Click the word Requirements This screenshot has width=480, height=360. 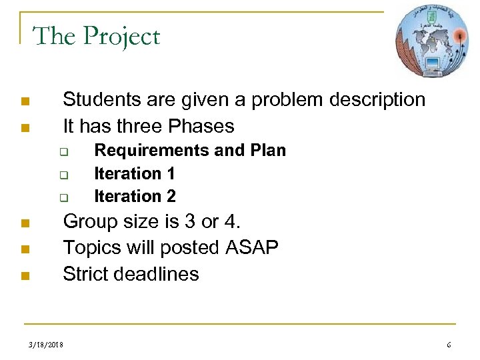click(151, 151)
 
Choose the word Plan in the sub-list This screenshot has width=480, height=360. click(269, 151)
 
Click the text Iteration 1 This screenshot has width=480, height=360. click(135, 173)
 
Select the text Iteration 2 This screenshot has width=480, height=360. click(135, 196)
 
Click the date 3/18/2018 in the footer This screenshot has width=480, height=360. click(47, 345)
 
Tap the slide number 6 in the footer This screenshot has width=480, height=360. click(449, 345)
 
